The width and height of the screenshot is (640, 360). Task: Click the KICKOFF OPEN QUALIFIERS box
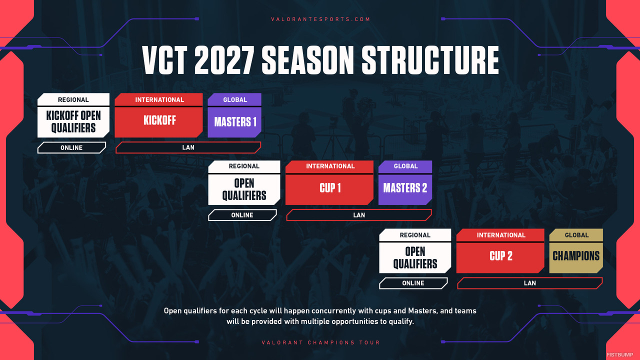[73, 121]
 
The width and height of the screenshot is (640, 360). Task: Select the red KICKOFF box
[159, 121]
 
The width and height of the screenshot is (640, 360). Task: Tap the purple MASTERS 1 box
[234, 121]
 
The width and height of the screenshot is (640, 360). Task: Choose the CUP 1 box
[330, 188]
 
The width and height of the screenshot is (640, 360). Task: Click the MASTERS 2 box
[405, 188]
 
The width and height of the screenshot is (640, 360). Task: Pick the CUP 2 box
[500, 256]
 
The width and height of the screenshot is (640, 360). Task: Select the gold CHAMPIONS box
[576, 256]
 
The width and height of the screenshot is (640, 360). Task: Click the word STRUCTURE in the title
[430, 60]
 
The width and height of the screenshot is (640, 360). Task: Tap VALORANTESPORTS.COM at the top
[320, 19]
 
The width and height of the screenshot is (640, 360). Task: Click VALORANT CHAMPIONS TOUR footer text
[320, 342]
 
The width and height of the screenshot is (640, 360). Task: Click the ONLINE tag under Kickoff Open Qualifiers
[71, 147]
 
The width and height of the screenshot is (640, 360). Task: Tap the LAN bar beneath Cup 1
[359, 215]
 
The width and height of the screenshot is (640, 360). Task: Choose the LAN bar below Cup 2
[529, 283]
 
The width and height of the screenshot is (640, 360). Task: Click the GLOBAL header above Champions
[576, 235]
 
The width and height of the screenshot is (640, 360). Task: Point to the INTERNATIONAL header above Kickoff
[159, 99]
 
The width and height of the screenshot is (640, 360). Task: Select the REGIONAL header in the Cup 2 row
[415, 235]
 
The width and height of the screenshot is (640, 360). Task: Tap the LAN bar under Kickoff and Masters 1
[188, 147]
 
